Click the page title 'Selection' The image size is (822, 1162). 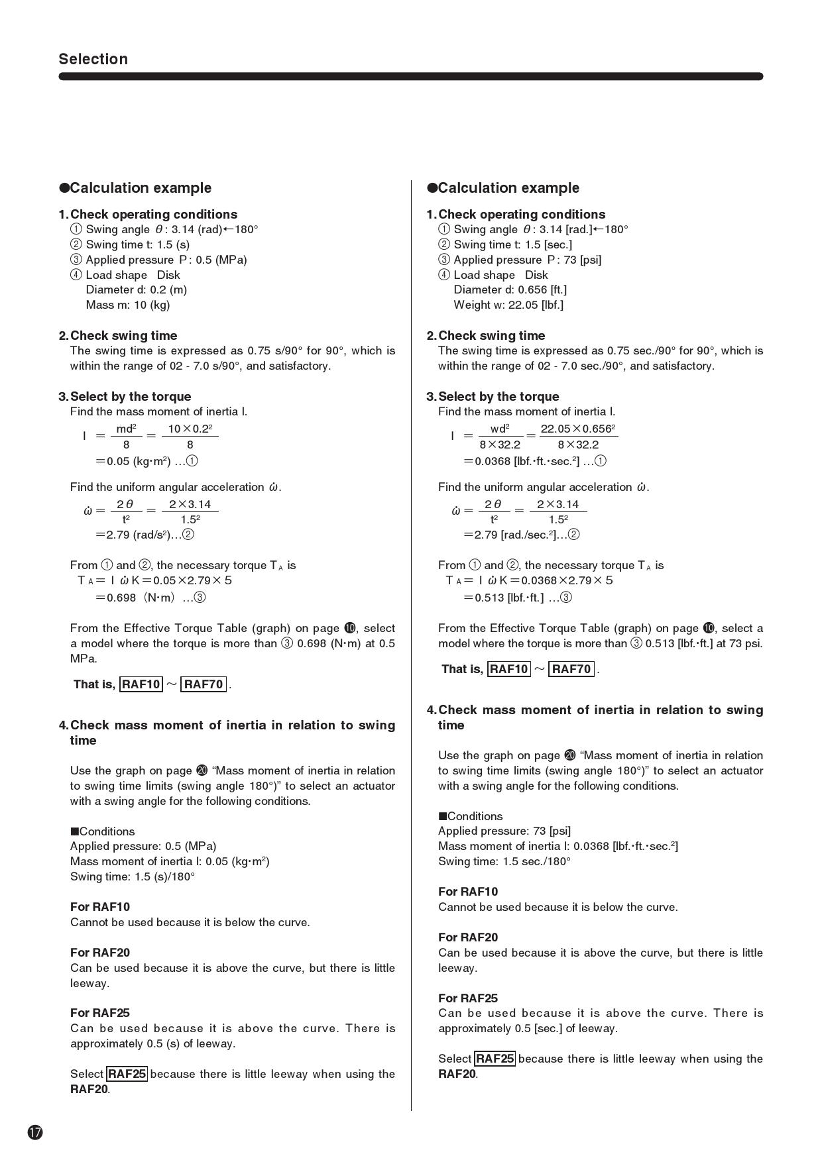(93, 59)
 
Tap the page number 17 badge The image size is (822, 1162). (35, 1132)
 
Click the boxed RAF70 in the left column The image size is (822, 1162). (204, 684)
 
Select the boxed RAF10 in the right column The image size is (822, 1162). (508, 669)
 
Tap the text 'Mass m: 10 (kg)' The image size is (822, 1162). (128, 305)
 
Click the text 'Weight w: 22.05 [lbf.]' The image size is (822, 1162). (508, 305)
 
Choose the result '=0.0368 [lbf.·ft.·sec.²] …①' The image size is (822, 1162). (534, 461)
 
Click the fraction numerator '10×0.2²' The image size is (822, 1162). (190, 429)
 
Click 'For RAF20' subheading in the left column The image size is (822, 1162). (100, 953)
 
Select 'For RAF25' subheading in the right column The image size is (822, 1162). (468, 998)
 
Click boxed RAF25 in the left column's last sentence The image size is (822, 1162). (127, 1074)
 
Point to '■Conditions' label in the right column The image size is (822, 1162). (471, 816)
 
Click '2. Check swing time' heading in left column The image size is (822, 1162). (118, 336)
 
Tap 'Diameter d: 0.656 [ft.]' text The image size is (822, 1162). (510, 290)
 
